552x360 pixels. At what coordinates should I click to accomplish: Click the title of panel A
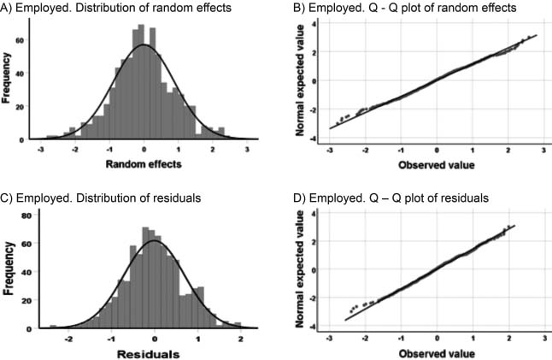[x=115, y=8]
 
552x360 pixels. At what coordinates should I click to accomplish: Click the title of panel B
[x=405, y=8]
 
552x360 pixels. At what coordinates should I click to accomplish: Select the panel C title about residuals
[x=101, y=198]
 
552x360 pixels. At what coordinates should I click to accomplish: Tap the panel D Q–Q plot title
[x=391, y=198]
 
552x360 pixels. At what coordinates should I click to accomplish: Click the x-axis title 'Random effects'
[x=144, y=164]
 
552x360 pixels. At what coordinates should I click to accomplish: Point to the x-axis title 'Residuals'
[x=148, y=354]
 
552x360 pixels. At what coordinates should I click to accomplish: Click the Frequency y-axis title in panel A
[x=6, y=78]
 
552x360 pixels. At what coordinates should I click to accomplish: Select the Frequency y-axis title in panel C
[x=9, y=269]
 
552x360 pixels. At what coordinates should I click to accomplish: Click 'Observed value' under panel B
[x=437, y=165]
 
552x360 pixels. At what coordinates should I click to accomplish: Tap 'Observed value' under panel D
[x=437, y=354]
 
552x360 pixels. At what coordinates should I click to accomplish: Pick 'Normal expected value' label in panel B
[x=300, y=80]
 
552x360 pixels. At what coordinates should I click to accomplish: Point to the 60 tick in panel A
[x=20, y=40]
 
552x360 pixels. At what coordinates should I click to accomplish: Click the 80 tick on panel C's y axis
[x=26, y=215]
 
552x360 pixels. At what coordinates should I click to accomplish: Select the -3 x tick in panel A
[x=41, y=150]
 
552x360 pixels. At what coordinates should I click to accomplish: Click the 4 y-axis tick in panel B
[x=314, y=24]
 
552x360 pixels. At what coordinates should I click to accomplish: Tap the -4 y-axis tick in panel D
[x=312, y=327]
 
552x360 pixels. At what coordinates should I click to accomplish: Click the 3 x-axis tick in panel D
[x=545, y=339]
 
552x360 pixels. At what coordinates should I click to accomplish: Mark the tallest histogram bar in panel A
[x=141, y=82]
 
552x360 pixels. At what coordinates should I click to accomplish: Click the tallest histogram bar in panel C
[x=146, y=278]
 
